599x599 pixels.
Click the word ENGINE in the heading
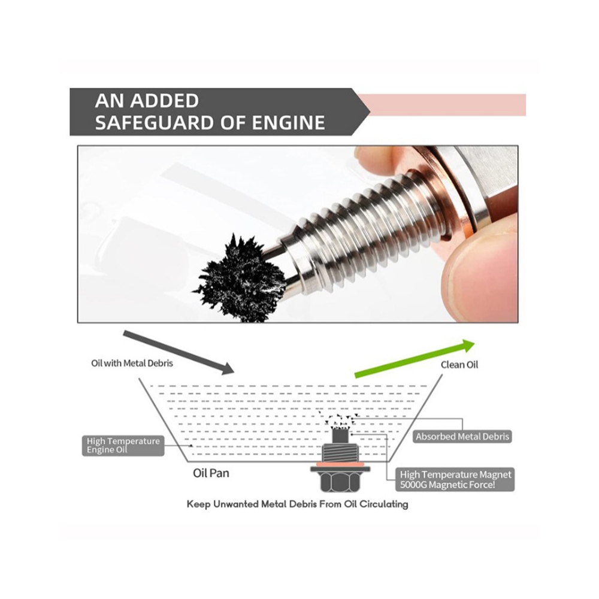[x=289, y=123]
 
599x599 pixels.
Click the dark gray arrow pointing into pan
[x=179, y=352]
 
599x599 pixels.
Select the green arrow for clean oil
[x=415, y=358]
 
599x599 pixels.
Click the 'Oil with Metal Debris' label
[x=132, y=364]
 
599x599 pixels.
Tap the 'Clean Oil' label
[x=459, y=365]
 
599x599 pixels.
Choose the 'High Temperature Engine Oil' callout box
[x=123, y=446]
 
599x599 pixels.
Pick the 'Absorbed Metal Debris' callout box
[x=462, y=437]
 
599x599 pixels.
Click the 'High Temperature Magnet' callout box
[x=455, y=479]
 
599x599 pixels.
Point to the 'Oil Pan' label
[x=211, y=473]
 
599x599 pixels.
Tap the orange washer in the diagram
[x=339, y=465]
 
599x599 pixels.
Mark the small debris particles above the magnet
[x=339, y=420]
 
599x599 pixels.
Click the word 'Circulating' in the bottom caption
[x=383, y=504]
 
